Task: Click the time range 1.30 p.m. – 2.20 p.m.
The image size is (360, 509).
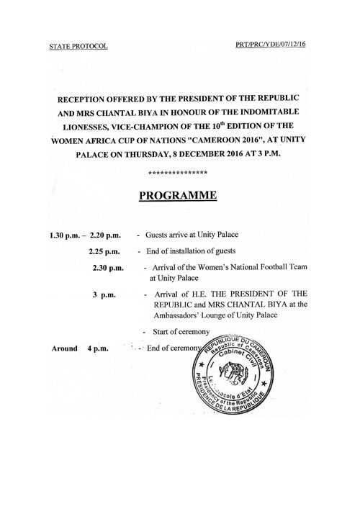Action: click(x=81, y=235)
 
